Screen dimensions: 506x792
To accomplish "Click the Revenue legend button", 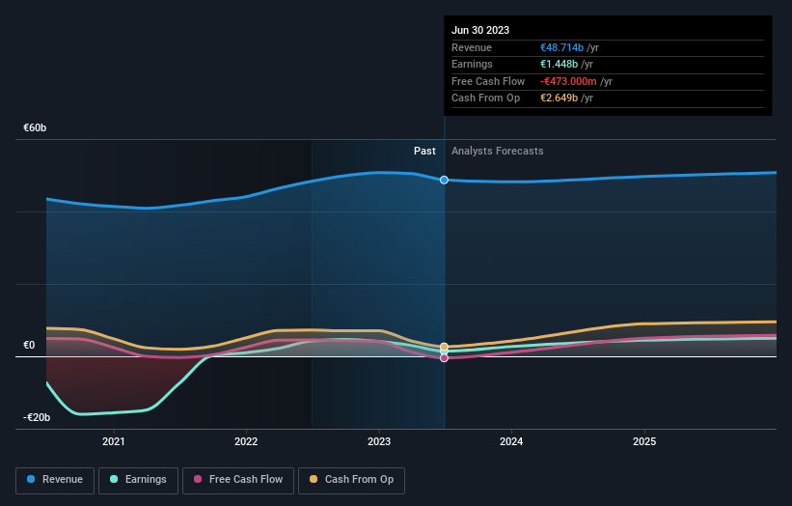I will click(55, 480).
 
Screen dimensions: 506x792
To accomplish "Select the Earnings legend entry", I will click(139, 480).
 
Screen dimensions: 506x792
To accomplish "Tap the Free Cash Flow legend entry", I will click(237, 480).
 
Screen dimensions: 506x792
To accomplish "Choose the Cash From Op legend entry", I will click(353, 480).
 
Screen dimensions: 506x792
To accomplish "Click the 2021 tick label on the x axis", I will click(114, 442).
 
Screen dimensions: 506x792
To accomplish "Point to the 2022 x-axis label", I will click(246, 442).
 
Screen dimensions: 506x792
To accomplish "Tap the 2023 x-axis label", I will click(379, 442).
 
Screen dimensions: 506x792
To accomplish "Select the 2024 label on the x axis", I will click(511, 442).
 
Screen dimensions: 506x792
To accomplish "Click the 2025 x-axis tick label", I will click(644, 442).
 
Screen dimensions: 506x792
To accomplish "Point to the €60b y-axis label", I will click(36, 127).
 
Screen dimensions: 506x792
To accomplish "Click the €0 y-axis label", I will click(29, 345).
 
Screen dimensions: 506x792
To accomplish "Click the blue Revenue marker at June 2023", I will click(444, 180).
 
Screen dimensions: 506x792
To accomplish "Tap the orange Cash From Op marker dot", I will click(444, 347).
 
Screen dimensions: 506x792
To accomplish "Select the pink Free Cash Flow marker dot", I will click(444, 358).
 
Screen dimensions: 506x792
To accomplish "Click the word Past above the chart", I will click(424, 151).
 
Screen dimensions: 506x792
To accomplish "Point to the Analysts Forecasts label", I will click(497, 151).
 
